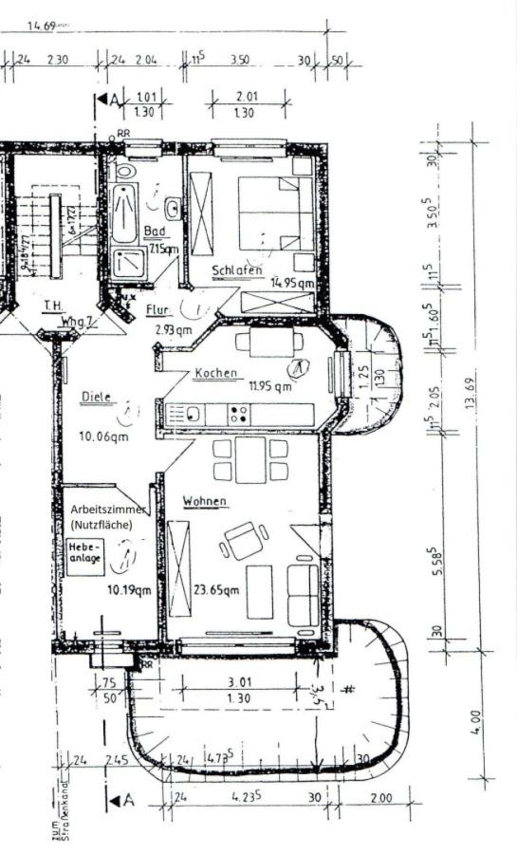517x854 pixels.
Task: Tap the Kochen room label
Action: pyautogui.click(x=216, y=373)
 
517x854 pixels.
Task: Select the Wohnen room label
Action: pyautogui.click(x=206, y=500)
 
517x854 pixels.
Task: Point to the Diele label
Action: pyautogui.click(x=97, y=398)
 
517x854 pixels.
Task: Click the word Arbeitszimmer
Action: pyautogui.click(x=105, y=509)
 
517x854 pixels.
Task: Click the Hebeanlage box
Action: pyautogui.click(x=84, y=553)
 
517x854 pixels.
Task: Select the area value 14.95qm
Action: pyautogui.click(x=291, y=283)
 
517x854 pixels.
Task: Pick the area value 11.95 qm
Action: pyautogui.click(x=270, y=386)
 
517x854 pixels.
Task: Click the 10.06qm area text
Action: pyautogui.click(x=104, y=436)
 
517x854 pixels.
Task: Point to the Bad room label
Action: pyautogui.click(x=154, y=231)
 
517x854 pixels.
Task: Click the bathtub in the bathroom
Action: pyautogui.click(x=124, y=214)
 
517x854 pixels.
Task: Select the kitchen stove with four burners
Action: pyautogui.click(x=239, y=415)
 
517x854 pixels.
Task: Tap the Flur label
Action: pyautogui.click(x=157, y=309)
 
